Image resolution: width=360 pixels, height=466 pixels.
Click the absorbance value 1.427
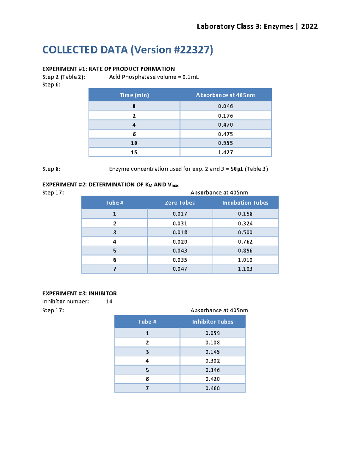[x=225, y=152]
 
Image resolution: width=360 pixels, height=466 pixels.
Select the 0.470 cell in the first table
[x=225, y=125]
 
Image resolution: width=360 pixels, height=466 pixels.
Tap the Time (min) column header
[x=134, y=95]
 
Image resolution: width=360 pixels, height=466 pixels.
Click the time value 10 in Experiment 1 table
[x=134, y=143]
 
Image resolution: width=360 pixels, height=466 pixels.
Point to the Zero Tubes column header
[x=180, y=203]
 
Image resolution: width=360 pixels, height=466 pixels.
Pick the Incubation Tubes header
[x=245, y=203]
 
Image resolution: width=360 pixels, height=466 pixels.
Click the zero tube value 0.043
[x=180, y=251]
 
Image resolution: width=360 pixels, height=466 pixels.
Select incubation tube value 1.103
[x=245, y=269]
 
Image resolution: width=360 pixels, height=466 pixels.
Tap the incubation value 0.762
[x=245, y=242]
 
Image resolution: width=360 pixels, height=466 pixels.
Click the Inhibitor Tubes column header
[x=212, y=322]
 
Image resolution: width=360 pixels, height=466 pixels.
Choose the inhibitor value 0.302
[x=212, y=361]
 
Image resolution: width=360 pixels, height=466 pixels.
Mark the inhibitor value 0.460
[x=212, y=388]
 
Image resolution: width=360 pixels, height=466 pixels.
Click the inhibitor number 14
[x=109, y=301]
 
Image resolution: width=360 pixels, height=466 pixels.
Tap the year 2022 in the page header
[x=309, y=26]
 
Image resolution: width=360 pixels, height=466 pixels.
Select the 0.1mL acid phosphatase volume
[x=190, y=77]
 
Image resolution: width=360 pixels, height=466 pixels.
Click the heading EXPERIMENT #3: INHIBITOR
[x=79, y=293]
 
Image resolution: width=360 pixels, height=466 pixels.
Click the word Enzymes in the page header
[x=278, y=26]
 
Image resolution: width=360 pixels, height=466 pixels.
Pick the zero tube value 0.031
[x=180, y=224]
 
